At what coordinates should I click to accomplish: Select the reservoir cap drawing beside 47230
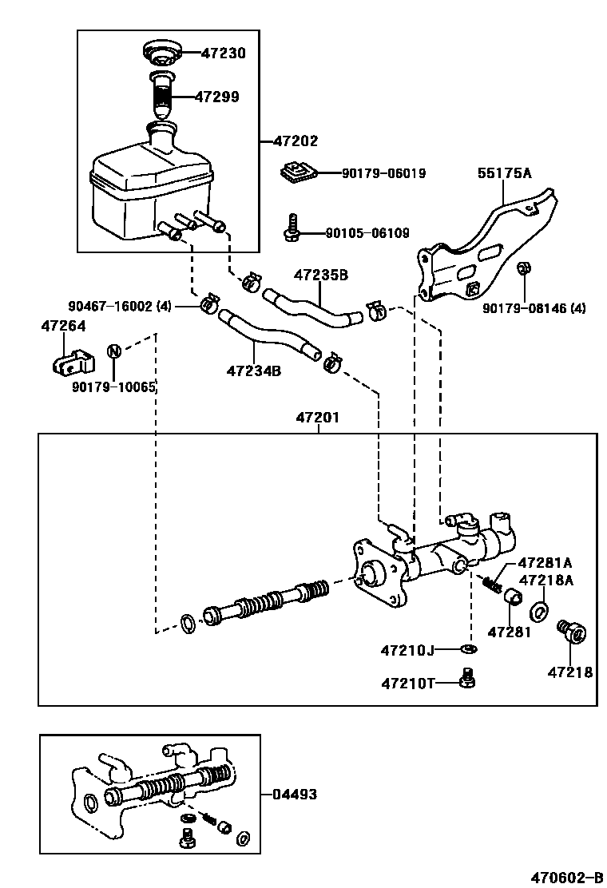point(161,53)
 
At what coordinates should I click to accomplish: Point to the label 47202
point(296,141)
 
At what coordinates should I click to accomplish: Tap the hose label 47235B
point(321,276)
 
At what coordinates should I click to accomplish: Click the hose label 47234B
point(253,371)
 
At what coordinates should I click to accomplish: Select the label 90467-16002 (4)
point(120,306)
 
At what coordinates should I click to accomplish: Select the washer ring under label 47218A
point(540,612)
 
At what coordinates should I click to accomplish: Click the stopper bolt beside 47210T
point(469,678)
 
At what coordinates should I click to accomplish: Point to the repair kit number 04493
point(295,794)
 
